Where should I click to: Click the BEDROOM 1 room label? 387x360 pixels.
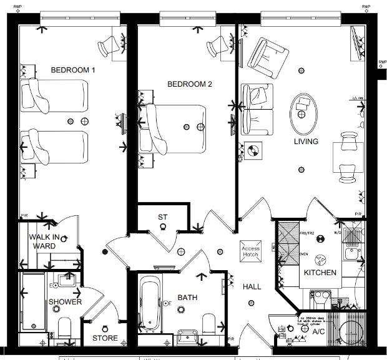pos(73,71)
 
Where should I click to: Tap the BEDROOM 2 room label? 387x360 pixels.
pos(190,84)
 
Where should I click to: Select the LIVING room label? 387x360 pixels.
pos(306,142)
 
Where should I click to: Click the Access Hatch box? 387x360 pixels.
pos(250,252)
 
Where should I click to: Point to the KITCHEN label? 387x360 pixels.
pos(320,273)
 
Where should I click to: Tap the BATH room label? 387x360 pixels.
pos(187,298)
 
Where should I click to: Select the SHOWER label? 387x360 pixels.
pos(66,302)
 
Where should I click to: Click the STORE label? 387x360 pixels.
pos(105,339)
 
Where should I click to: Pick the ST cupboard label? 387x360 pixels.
pos(163,217)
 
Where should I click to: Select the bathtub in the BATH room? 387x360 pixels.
pos(150,304)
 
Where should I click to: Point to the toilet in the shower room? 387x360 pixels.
pos(64,328)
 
